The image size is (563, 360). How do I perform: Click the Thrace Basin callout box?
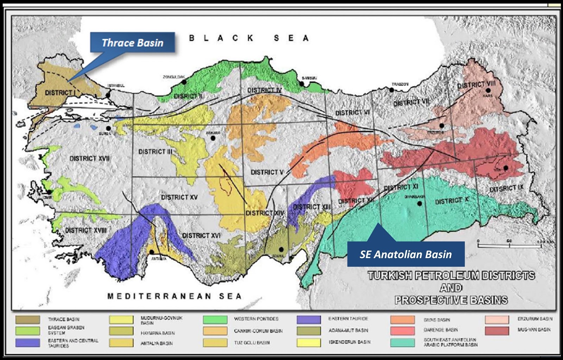pyautogui.click(x=132, y=43)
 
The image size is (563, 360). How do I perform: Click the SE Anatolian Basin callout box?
pyautogui.click(x=405, y=254)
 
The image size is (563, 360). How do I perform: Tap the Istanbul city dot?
pyautogui.click(x=108, y=95)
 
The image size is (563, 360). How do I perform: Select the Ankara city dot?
pyautogui.click(x=213, y=138)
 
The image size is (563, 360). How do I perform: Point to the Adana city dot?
pyautogui.click(x=281, y=250)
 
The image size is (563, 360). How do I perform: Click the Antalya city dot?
pyautogui.click(x=152, y=252)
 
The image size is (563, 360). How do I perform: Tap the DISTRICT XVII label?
pyautogui.click(x=89, y=159)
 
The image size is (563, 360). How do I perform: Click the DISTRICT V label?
pyautogui.click(x=267, y=172)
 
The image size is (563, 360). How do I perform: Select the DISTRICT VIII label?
pyautogui.click(x=476, y=84)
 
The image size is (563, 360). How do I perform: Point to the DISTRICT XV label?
pyautogui.click(x=179, y=197)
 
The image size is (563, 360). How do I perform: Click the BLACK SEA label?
pyautogui.click(x=249, y=38)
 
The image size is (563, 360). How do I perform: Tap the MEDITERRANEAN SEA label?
pyautogui.click(x=174, y=296)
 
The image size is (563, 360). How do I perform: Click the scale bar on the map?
pyautogui.click(x=509, y=245)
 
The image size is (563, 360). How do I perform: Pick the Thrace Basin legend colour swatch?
pyautogui.click(x=27, y=320)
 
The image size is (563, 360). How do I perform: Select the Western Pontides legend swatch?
pyautogui.click(x=215, y=320)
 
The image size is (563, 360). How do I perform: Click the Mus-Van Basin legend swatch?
pyautogui.click(x=496, y=331)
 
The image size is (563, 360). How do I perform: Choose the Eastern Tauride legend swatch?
pyautogui.click(x=309, y=320)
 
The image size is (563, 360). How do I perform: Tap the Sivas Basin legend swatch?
pyautogui.click(x=402, y=320)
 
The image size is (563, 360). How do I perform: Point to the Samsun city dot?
pyautogui.click(x=302, y=84)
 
